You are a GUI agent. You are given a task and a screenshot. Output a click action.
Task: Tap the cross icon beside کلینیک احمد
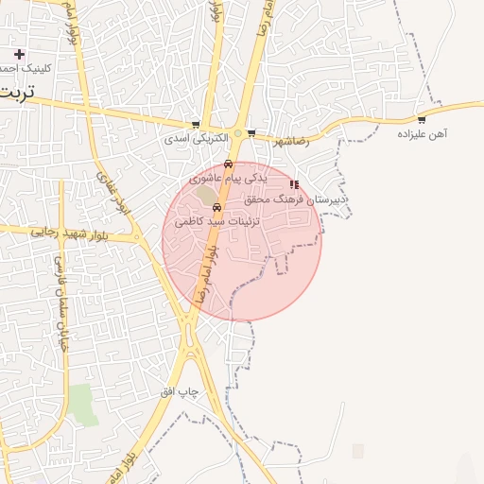coord(19,54)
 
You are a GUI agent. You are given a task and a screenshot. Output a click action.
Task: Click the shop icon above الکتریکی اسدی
coord(196,125)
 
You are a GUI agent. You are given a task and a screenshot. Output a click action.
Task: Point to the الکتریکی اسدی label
coord(197,138)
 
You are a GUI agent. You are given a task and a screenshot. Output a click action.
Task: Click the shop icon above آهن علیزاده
coord(422,120)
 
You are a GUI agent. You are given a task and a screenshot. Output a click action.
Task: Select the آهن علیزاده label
coord(422,134)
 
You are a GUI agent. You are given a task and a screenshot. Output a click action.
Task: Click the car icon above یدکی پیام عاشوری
coord(228,164)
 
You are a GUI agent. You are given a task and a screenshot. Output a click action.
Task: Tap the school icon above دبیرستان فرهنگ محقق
coord(295,184)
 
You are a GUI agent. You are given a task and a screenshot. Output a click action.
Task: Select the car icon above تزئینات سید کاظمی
coord(217,207)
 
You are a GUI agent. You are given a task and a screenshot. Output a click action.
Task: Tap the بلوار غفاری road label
coord(111,192)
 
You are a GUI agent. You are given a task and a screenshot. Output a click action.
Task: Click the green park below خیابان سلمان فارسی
coord(83,404)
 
